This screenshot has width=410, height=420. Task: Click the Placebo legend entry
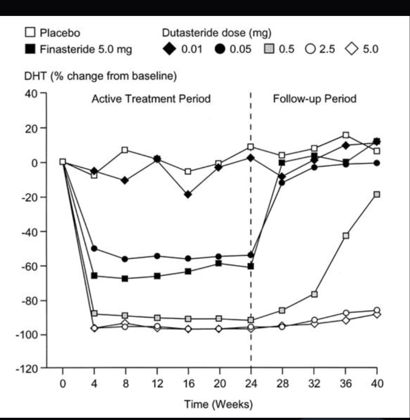53,33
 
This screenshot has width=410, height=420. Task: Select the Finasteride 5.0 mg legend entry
78,49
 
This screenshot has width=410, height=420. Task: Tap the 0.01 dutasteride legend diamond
169,49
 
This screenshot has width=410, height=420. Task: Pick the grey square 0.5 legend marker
270,49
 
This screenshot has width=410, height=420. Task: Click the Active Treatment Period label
151,99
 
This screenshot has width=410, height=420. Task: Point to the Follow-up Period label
315,99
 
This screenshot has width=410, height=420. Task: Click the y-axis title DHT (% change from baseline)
100,76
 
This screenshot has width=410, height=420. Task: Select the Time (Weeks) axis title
218,404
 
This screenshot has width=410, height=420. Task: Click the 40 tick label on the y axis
31,94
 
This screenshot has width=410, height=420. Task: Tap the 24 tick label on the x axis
251,383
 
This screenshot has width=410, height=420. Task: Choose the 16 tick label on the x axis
188,383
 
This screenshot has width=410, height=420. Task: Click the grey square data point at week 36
345,236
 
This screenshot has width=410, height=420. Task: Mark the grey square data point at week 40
377,194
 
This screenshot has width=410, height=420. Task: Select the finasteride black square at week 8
125,278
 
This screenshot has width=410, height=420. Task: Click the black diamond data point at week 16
188,194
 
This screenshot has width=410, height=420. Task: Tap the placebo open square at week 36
345,135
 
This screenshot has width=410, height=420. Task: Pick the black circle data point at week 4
94,248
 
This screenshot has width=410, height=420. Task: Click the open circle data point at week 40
377,310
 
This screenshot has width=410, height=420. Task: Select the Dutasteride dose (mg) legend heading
216,33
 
